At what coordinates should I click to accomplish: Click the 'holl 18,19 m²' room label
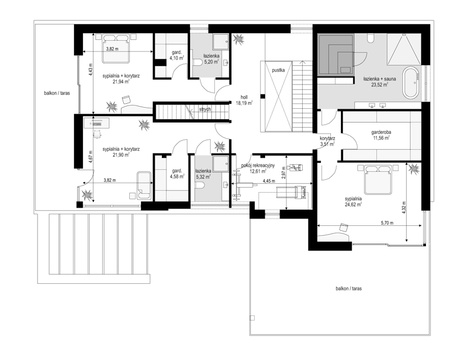tap(244, 100)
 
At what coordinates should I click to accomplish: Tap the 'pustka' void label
tap(278, 70)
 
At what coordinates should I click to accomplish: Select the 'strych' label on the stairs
tap(205, 109)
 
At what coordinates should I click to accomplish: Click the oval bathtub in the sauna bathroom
tap(410, 82)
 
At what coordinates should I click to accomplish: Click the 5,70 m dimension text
tap(387, 223)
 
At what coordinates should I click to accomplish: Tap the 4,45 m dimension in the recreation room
tap(268, 181)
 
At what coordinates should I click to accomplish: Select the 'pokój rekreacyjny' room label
tap(258, 165)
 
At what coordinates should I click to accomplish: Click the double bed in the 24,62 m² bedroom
tap(378, 179)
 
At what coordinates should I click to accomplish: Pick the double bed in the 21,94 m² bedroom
tap(116, 49)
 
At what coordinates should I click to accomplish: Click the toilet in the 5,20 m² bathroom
tap(197, 63)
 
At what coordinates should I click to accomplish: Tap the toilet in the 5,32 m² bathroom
tap(200, 185)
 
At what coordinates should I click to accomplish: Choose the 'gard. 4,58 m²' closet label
tap(177, 174)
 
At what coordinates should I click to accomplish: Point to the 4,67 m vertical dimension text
tap(90, 157)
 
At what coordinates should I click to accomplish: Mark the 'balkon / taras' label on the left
tap(57, 93)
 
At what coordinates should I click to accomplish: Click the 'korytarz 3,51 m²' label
tap(328, 141)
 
